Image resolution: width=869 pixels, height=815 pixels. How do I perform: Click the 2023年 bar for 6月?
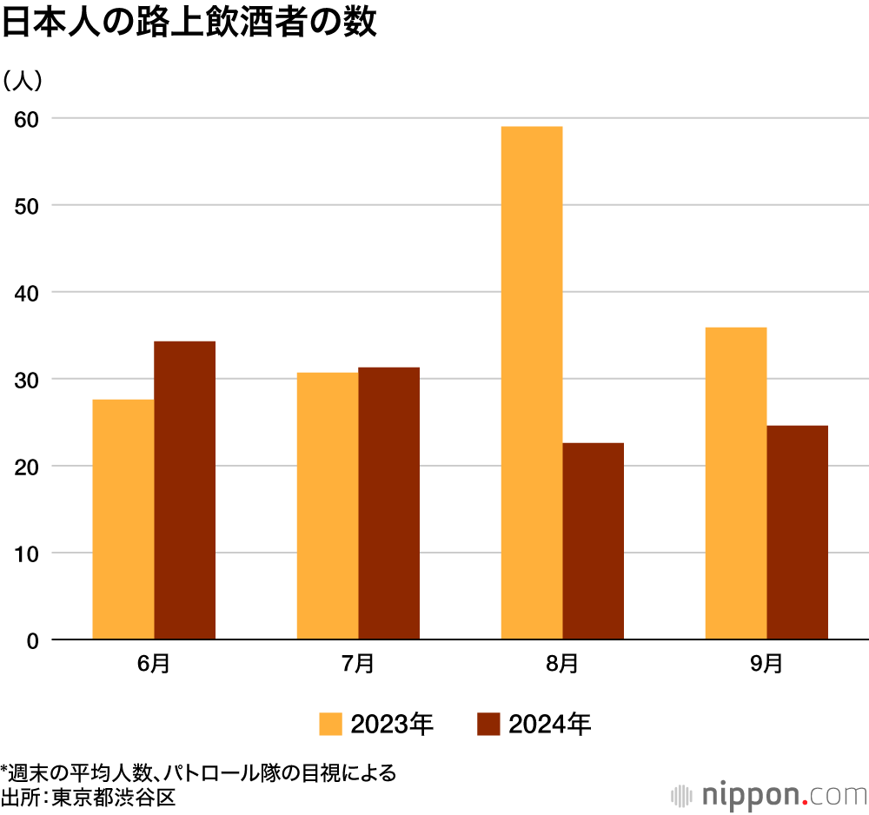[123, 520]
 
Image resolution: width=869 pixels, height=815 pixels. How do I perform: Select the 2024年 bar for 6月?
[184, 491]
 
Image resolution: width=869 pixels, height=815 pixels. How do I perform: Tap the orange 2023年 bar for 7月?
[328, 506]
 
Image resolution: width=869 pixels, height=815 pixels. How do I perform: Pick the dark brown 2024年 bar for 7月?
[388, 504]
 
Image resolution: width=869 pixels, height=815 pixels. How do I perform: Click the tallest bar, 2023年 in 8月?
[532, 382]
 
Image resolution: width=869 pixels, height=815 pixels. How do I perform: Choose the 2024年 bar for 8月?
[593, 541]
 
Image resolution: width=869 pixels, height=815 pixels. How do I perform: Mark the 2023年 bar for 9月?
[736, 483]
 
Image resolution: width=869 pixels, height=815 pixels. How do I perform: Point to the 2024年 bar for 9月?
[797, 533]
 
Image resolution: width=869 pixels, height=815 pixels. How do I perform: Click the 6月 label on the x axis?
[154, 664]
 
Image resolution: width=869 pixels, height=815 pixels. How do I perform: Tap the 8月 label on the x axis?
[562, 664]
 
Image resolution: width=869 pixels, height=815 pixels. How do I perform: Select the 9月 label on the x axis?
[766, 664]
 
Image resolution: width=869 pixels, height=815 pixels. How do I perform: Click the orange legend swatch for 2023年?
[330, 724]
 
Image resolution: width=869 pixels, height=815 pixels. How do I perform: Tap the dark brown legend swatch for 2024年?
[489, 724]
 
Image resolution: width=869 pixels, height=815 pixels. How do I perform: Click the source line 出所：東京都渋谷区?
[88, 797]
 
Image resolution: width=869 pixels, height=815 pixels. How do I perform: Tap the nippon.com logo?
[769, 794]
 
